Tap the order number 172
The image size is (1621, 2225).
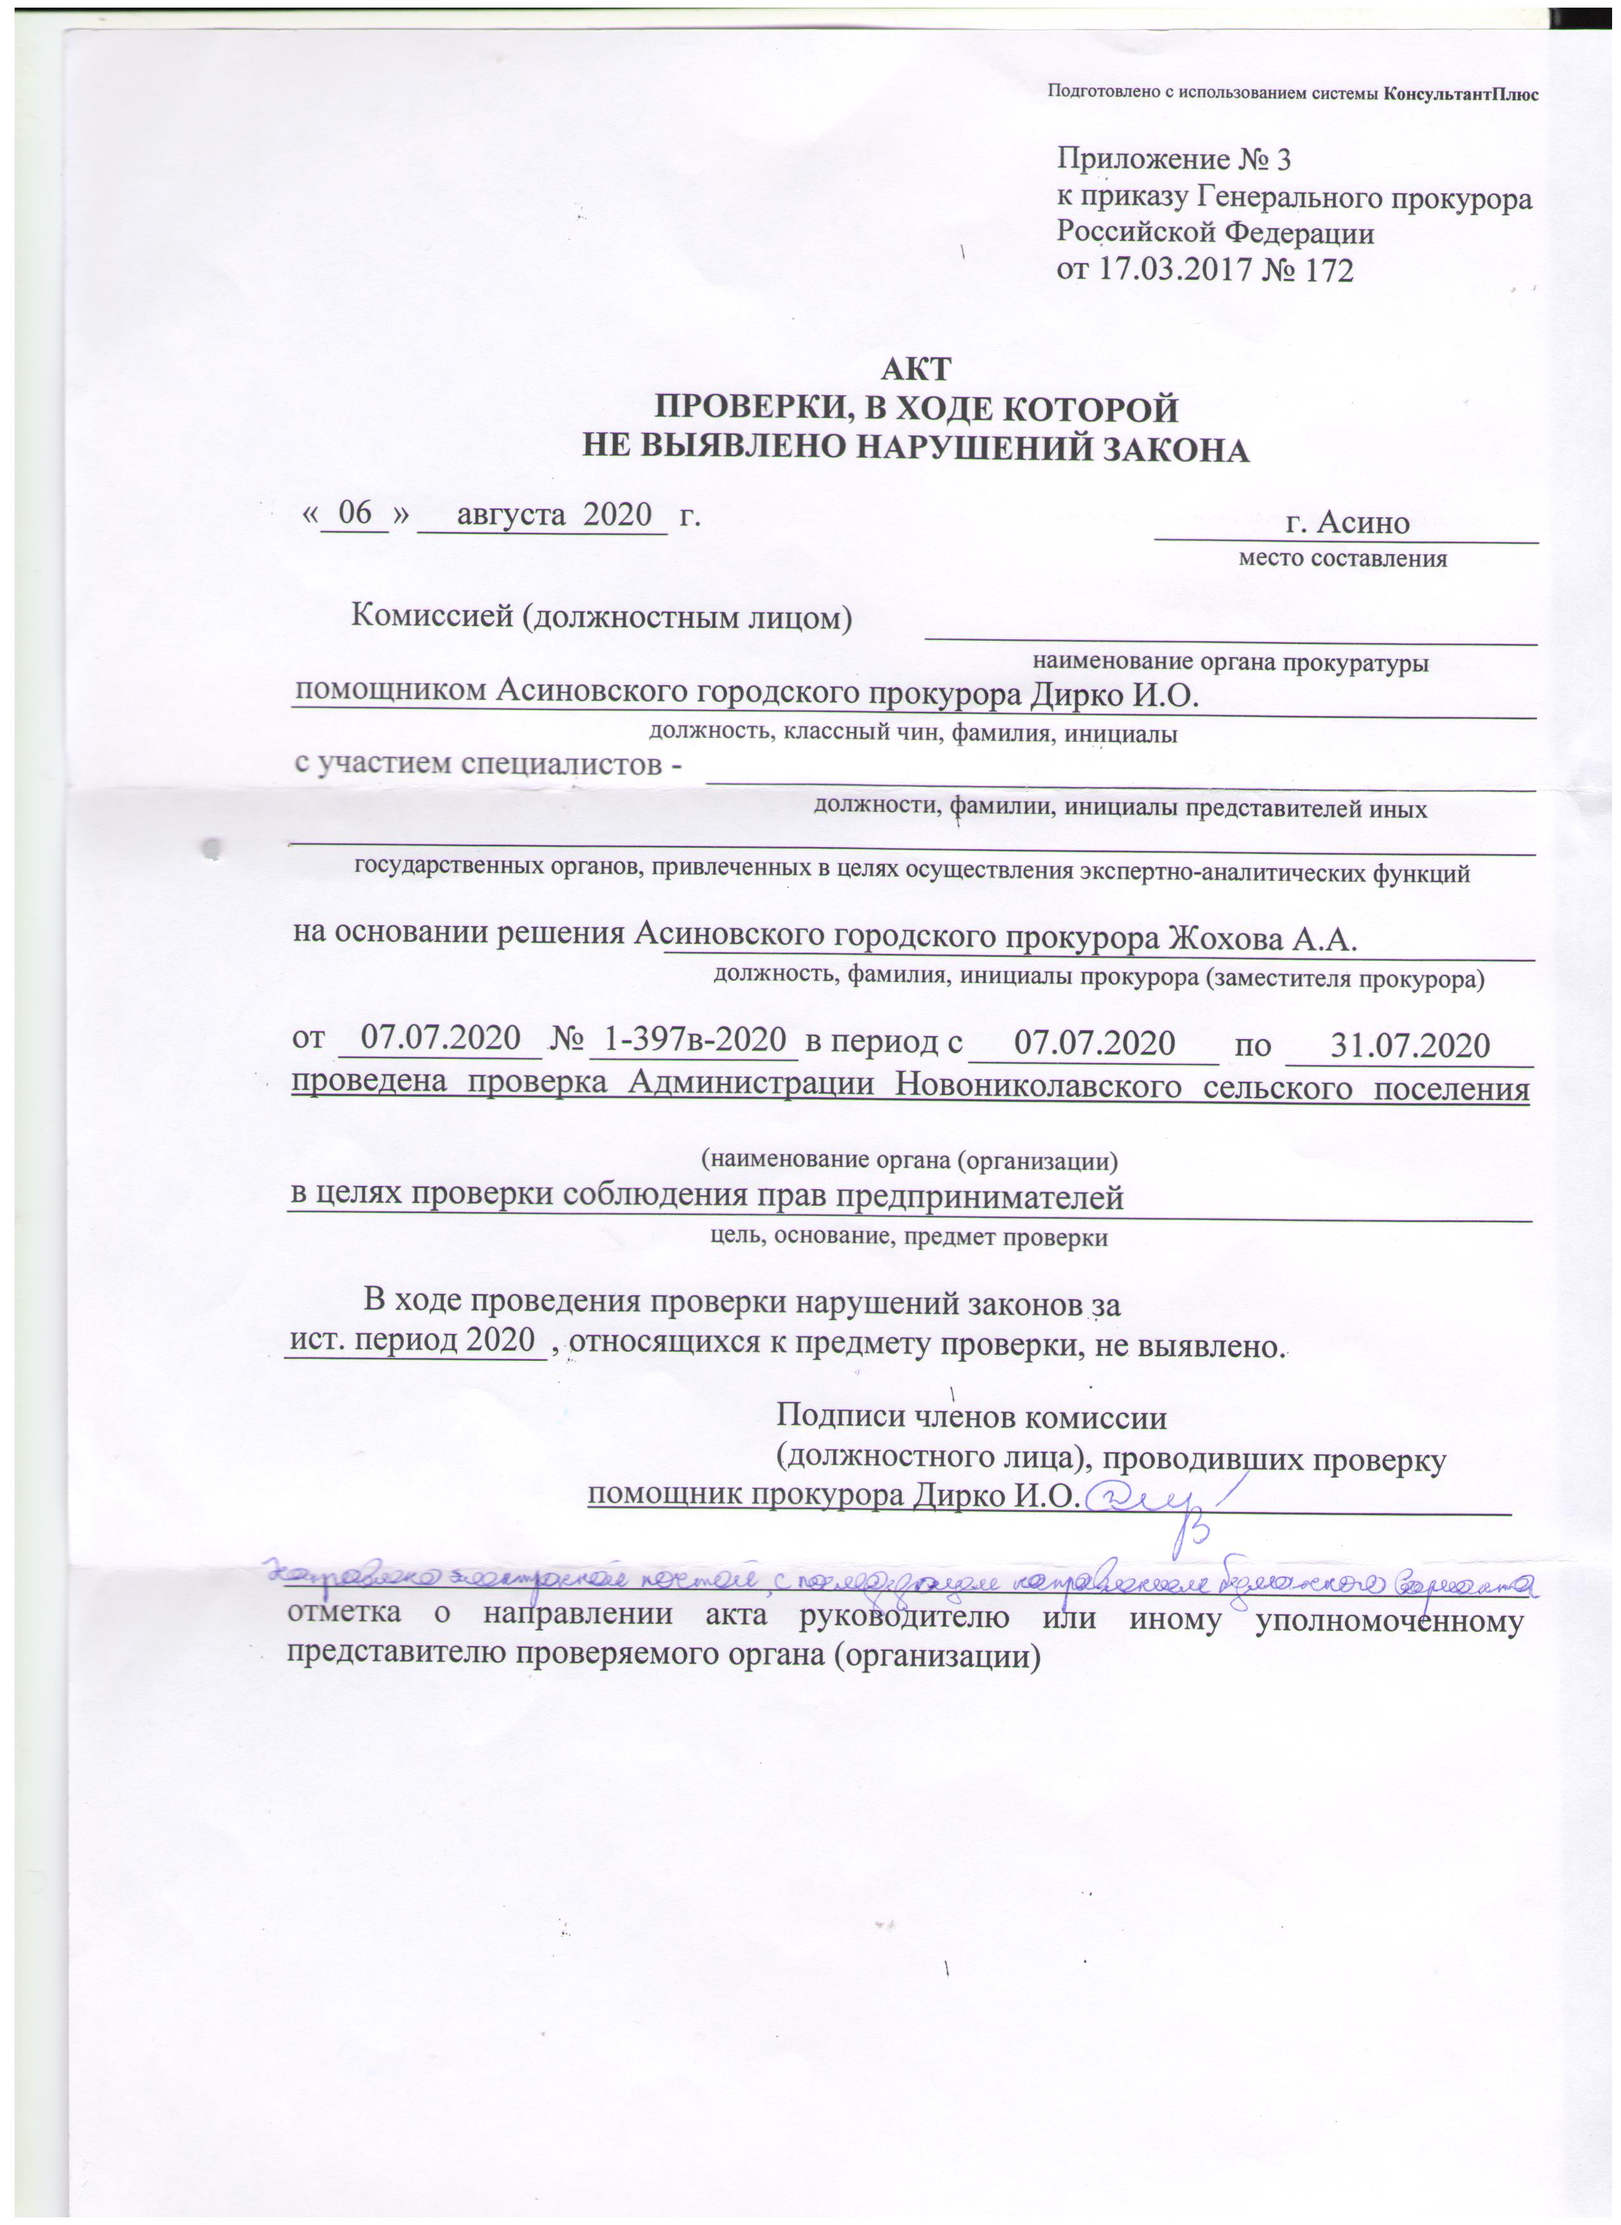[x=1325, y=271]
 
